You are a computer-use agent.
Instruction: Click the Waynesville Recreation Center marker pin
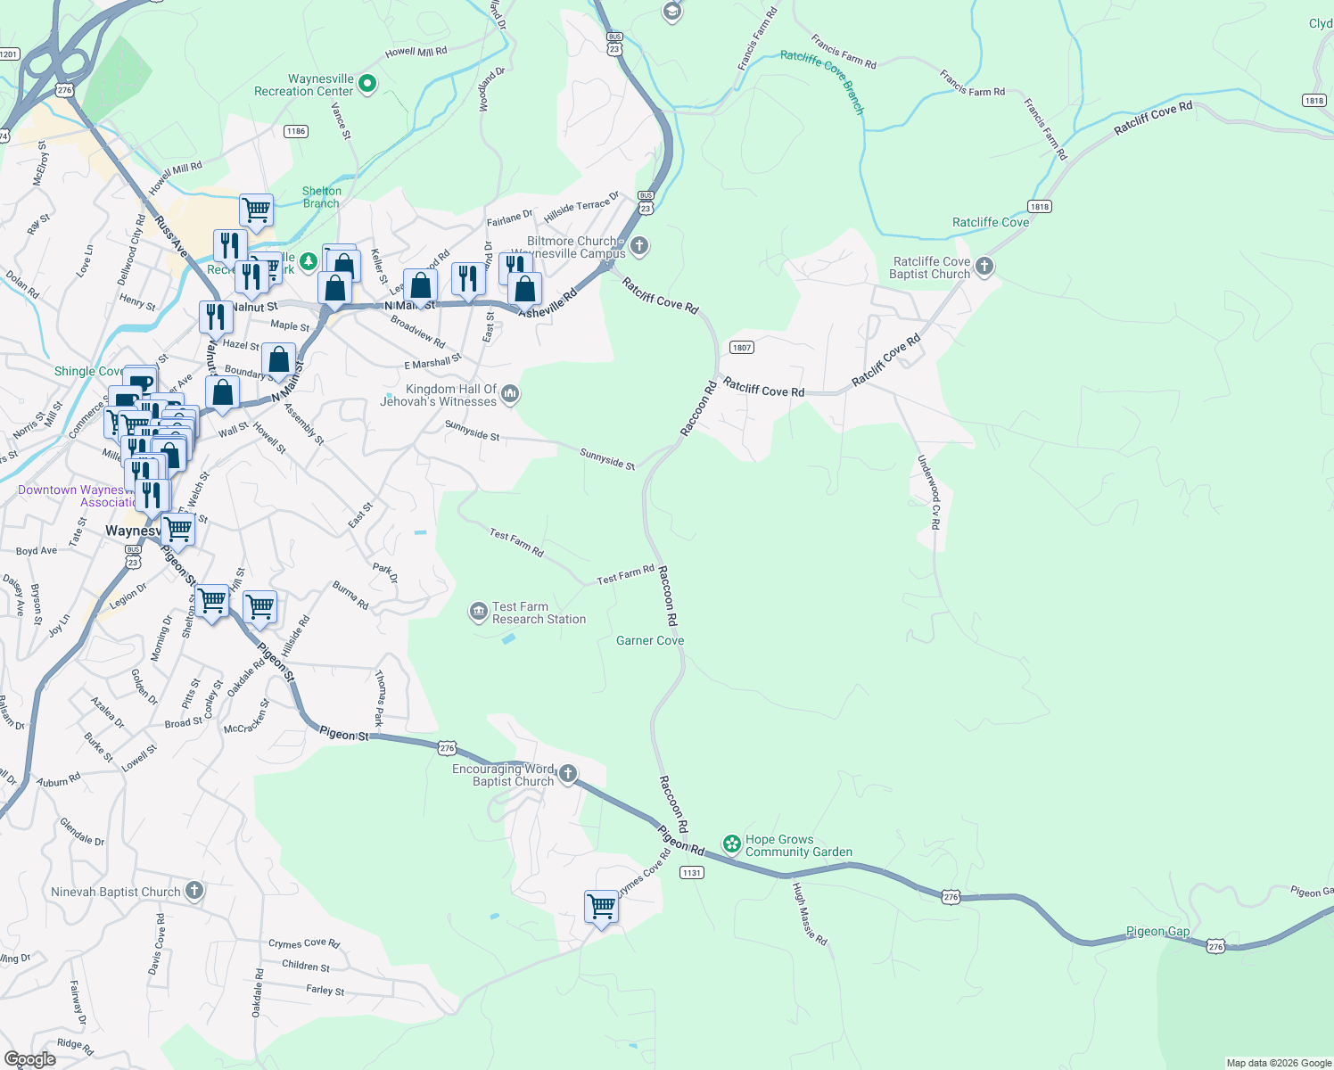click(367, 85)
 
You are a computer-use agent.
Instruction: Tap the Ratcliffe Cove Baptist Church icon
click(984, 267)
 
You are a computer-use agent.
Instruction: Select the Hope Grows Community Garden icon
click(732, 844)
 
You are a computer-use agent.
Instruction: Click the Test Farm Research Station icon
click(479, 612)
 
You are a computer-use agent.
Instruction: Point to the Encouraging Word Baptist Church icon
click(568, 774)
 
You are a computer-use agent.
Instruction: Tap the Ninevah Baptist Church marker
click(194, 891)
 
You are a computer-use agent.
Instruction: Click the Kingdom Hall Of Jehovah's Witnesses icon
click(510, 393)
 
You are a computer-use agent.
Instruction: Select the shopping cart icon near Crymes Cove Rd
click(602, 907)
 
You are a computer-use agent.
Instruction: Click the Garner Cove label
click(650, 640)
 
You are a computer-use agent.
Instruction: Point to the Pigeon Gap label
click(1157, 931)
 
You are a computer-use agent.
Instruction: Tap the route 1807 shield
click(741, 348)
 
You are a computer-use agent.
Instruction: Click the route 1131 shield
click(692, 872)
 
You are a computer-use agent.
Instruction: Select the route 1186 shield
click(296, 131)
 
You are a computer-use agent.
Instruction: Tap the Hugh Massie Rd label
click(811, 914)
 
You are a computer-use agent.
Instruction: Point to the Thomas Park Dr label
click(380, 698)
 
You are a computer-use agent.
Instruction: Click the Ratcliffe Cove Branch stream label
click(822, 81)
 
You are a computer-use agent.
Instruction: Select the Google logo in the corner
click(30, 1058)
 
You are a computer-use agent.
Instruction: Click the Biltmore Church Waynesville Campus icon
click(638, 246)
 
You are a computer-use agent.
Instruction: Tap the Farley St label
click(325, 990)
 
